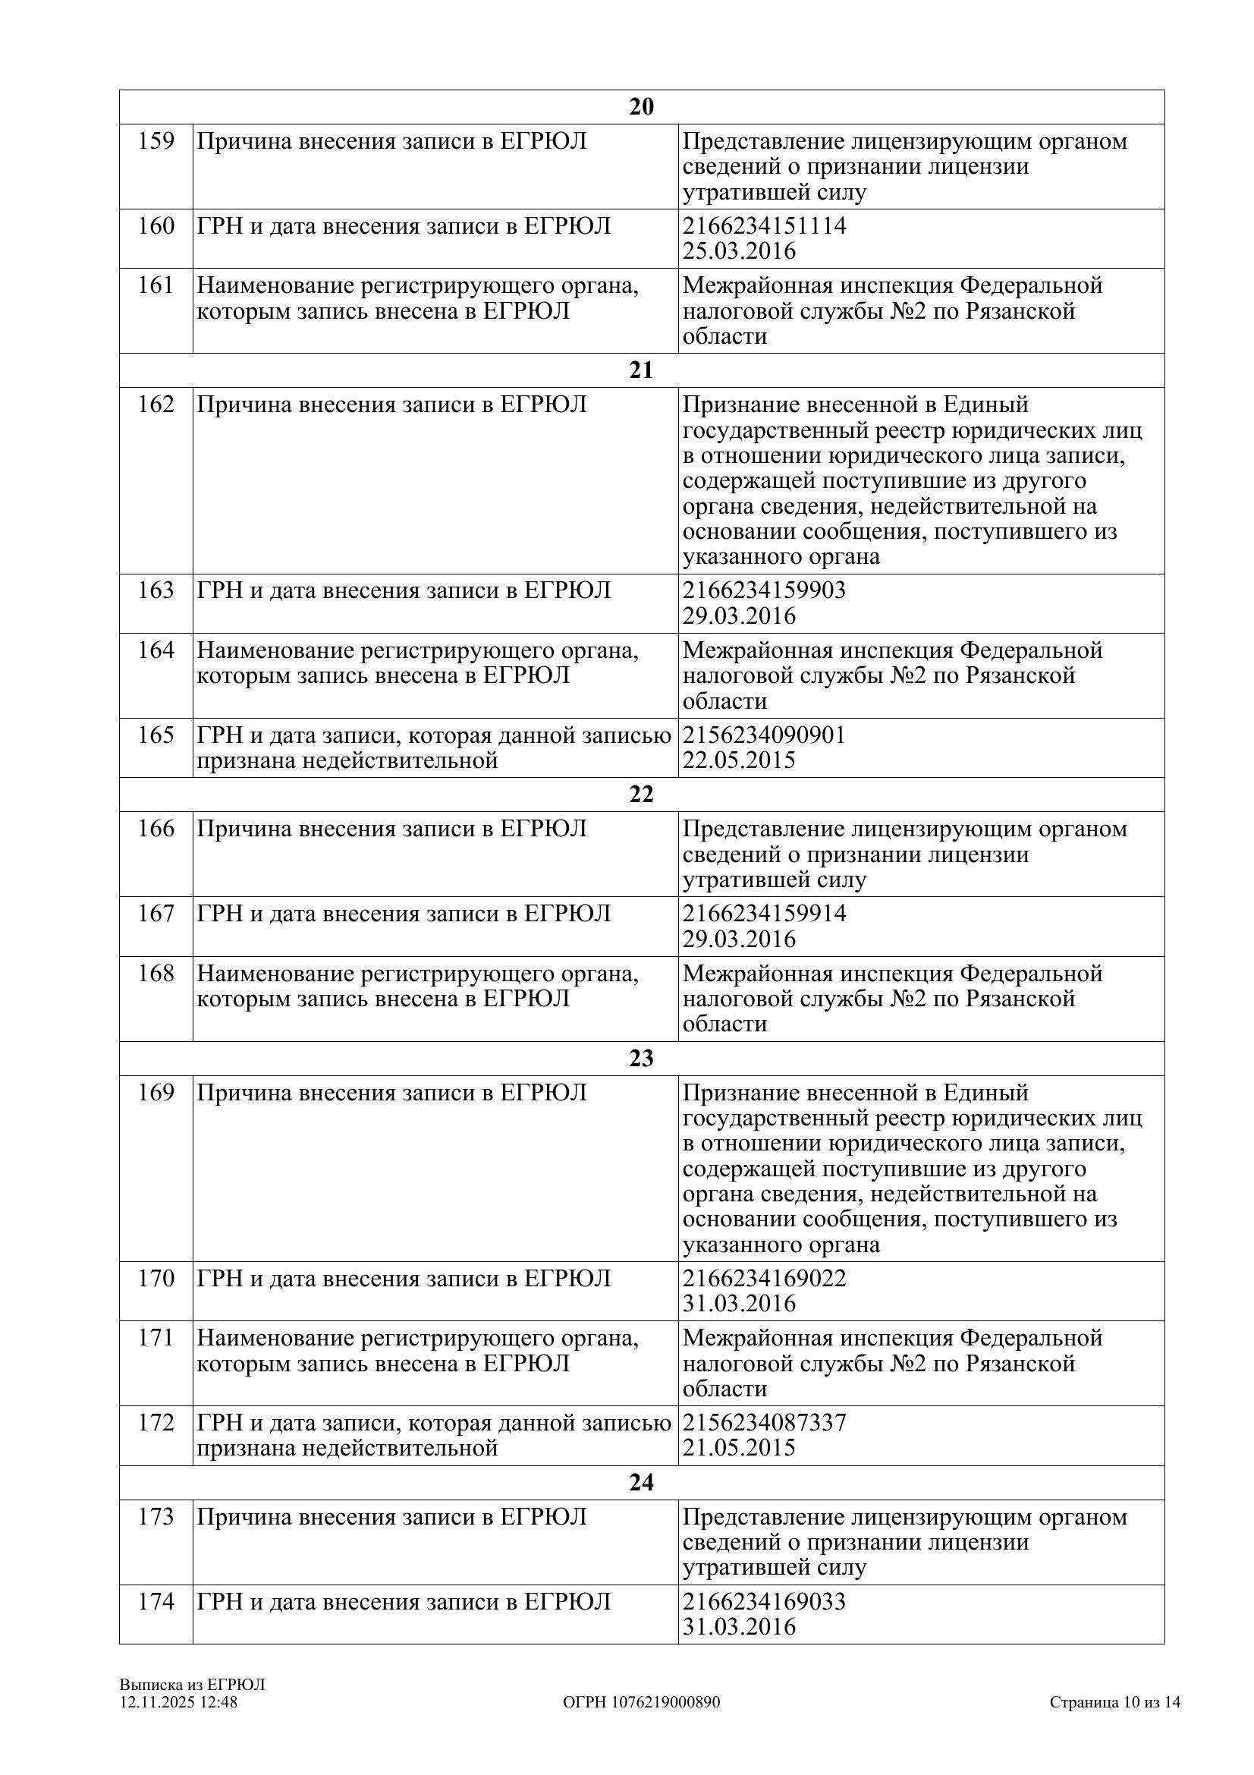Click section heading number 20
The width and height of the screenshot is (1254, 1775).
coord(641,107)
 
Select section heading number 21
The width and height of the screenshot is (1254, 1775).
coord(641,370)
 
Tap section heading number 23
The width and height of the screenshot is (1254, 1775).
coord(641,1059)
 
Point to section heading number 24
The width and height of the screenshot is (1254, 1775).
coord(641,1482)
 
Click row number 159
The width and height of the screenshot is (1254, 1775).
coord(156,141)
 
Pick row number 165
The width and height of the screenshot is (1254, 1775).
coord(156,735)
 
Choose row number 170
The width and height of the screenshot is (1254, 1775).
coord(156,1278)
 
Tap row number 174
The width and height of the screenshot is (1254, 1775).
coord(156,1601)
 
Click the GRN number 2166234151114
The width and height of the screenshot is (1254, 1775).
coord(764,225)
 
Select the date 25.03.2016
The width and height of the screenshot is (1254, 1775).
coord(739,251)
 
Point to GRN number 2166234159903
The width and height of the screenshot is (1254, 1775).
coord(764,590)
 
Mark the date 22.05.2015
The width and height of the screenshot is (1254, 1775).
coord(739,760)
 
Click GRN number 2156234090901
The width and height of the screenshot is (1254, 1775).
coord(764,735)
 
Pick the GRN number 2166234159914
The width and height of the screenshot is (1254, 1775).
coord(764,913)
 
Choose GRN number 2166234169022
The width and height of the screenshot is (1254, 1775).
coord(764,1278)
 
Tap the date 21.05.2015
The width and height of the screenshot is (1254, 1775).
coord(739,1447)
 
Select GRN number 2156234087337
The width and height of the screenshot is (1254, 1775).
coord(764,1421)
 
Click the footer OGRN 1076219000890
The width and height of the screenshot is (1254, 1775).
coord(641,1701)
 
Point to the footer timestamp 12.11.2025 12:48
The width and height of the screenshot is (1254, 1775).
coord(178,1701)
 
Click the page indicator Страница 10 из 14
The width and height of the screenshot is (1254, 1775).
coord(1114,1701)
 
